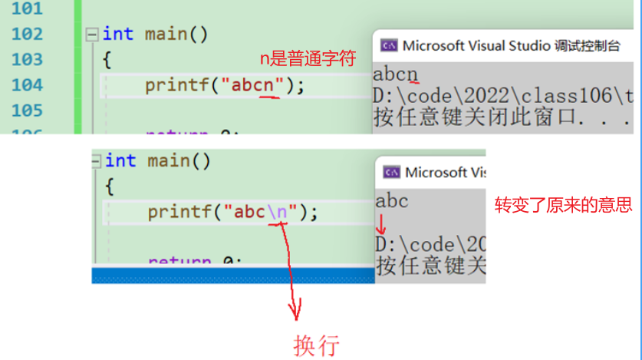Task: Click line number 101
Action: coord(28,9)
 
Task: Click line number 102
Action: coord(28,34)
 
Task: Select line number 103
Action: coord(28,59)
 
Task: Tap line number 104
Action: coord(28,84)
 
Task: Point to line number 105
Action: coord(28,110)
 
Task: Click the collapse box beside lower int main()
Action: coord(96,161)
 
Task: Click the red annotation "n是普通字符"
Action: coord(308,59)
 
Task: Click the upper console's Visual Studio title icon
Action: coord(390,45)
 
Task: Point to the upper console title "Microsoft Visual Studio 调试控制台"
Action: coord(511,45)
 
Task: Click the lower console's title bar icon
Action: coord(392,172)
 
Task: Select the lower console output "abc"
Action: coord(391,202)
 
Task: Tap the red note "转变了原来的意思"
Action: coord(563,205)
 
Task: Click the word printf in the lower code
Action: coord(179,212)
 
